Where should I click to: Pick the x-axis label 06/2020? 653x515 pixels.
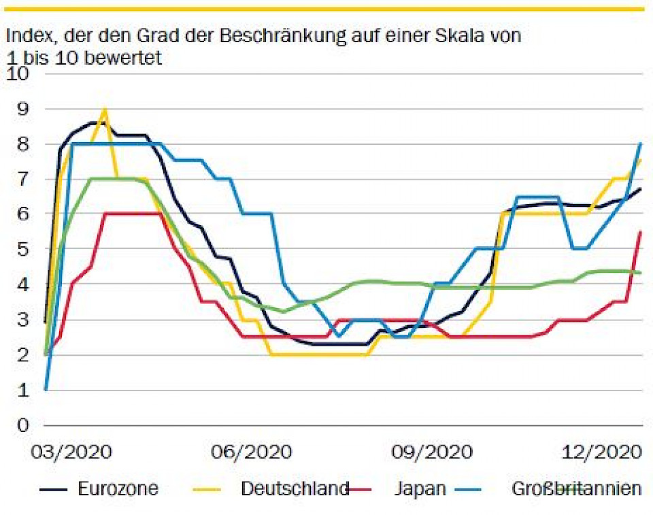point(252,452)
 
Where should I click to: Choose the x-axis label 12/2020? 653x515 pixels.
point(603,452)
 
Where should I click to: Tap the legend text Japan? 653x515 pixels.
point(420,488)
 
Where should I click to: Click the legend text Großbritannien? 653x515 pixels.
point(576,488)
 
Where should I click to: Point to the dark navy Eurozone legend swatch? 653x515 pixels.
point(54,489)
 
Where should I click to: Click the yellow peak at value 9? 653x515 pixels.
point(104,109)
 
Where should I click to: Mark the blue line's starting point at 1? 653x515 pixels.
point(45,390)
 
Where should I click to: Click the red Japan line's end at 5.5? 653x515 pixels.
point(641,232)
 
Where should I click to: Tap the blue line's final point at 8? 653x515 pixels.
point(641,144)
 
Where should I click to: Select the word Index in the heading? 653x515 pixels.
point(26,35)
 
